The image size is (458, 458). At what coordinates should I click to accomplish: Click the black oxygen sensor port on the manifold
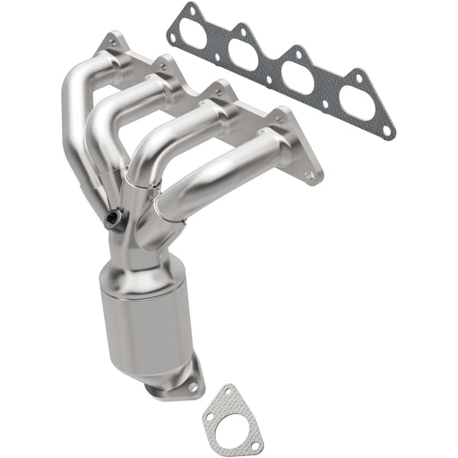[x=113, y=220]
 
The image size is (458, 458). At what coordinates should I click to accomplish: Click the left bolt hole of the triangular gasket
[x=208, y=421]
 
